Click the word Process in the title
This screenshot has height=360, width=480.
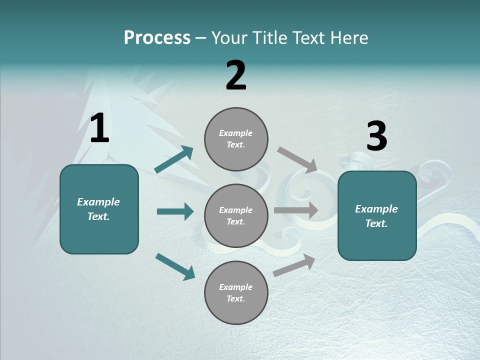coord(157,38)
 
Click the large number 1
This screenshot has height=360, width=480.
coord(99,129)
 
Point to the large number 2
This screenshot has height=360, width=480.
coord(236,75)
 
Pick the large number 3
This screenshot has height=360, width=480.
coord(376,136)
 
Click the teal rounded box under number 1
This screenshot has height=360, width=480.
coord(99,209)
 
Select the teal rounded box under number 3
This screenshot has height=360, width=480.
coord(377,216)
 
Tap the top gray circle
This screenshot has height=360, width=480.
coord(236,139)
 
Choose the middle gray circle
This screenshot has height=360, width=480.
coord(236,215)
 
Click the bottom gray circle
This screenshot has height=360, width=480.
coord(236,292)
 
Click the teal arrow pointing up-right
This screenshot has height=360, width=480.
coord(173,159)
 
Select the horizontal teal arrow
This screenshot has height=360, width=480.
coord(175,211)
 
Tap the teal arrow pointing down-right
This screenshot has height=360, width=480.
coord(175,266)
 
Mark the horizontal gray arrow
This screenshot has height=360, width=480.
coord(296,210)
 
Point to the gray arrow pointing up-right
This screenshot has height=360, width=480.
coord(294,265)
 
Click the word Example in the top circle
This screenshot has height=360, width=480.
coord(235,133)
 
